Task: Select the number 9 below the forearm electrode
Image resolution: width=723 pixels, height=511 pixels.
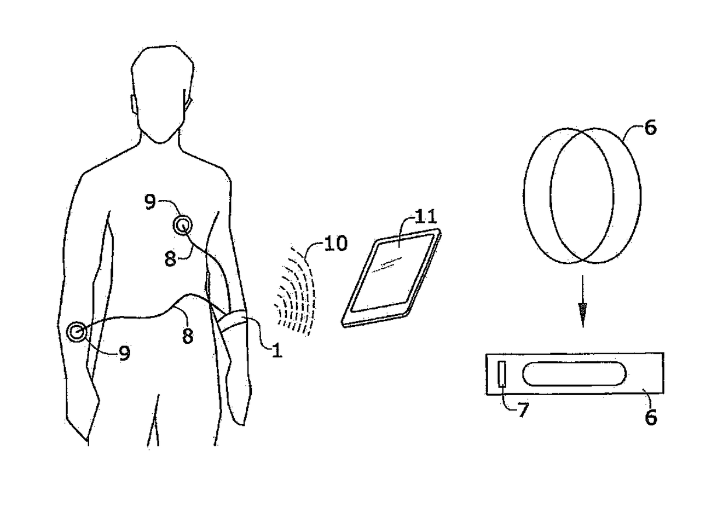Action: coord(124,353)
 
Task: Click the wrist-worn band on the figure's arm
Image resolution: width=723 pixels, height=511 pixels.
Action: coord(236,322)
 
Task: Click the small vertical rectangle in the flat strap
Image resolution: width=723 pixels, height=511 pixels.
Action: coord(501,373)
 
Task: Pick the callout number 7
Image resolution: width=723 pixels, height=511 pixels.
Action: coord(523,411)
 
